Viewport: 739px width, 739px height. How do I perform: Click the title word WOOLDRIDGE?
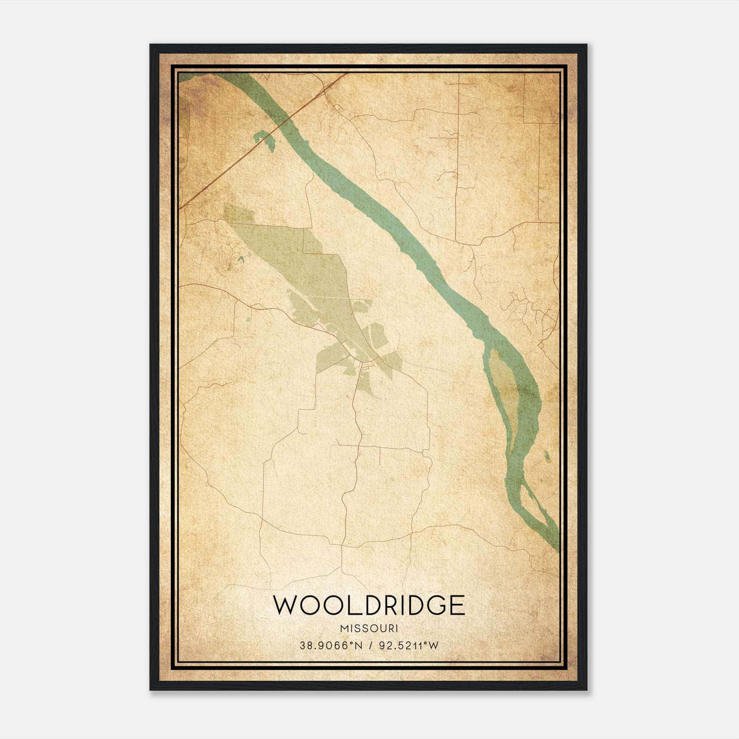[x=369, y=605]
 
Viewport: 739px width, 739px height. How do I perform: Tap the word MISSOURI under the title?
[x=369, y=629]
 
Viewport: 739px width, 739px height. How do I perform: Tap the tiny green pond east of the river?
[x=548, y=456]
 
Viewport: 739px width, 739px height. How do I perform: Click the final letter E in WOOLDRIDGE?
[x=457, y=605]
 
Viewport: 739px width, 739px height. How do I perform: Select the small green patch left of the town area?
[x=248, y=318]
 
